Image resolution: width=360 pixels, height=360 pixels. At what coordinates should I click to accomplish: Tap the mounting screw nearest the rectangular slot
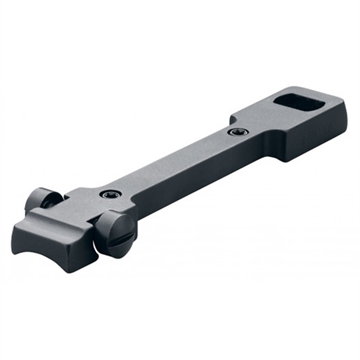[236, 132]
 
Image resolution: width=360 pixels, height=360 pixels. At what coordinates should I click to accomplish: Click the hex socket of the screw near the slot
[236, 132]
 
